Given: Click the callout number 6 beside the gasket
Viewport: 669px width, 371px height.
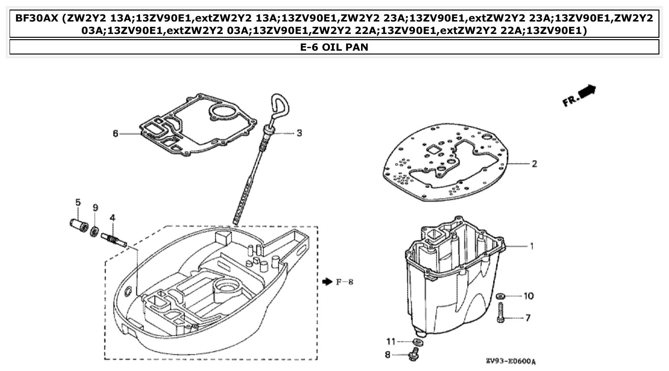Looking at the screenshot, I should click(115, 134).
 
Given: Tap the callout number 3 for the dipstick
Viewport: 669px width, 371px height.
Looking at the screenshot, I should click(299, 133).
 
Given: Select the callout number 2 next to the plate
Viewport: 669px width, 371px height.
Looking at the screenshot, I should click(534, 164).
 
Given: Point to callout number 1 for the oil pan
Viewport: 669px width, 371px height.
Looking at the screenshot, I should click(531, 246).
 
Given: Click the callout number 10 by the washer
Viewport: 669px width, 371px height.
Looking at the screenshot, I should click(528, 296).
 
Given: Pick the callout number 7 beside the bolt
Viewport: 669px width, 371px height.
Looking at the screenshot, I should click(528, 317).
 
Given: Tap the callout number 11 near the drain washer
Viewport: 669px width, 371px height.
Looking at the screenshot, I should click(391, 341).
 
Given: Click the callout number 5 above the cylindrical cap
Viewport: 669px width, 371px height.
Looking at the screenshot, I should click(78, 202).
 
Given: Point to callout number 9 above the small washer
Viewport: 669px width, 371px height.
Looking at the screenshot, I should click(95, 207).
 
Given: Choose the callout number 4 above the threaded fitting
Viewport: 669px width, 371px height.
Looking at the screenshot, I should click(112, 218).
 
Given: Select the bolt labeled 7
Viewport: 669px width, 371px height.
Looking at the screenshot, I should click(501, 312).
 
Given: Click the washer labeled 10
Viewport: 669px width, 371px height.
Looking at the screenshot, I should click(501, 296).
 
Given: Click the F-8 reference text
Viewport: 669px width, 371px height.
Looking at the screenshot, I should click(344, 282).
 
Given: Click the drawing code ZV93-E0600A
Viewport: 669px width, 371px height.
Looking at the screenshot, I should click(510, 361).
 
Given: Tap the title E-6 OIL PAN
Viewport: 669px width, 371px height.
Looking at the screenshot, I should click(334, 47).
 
